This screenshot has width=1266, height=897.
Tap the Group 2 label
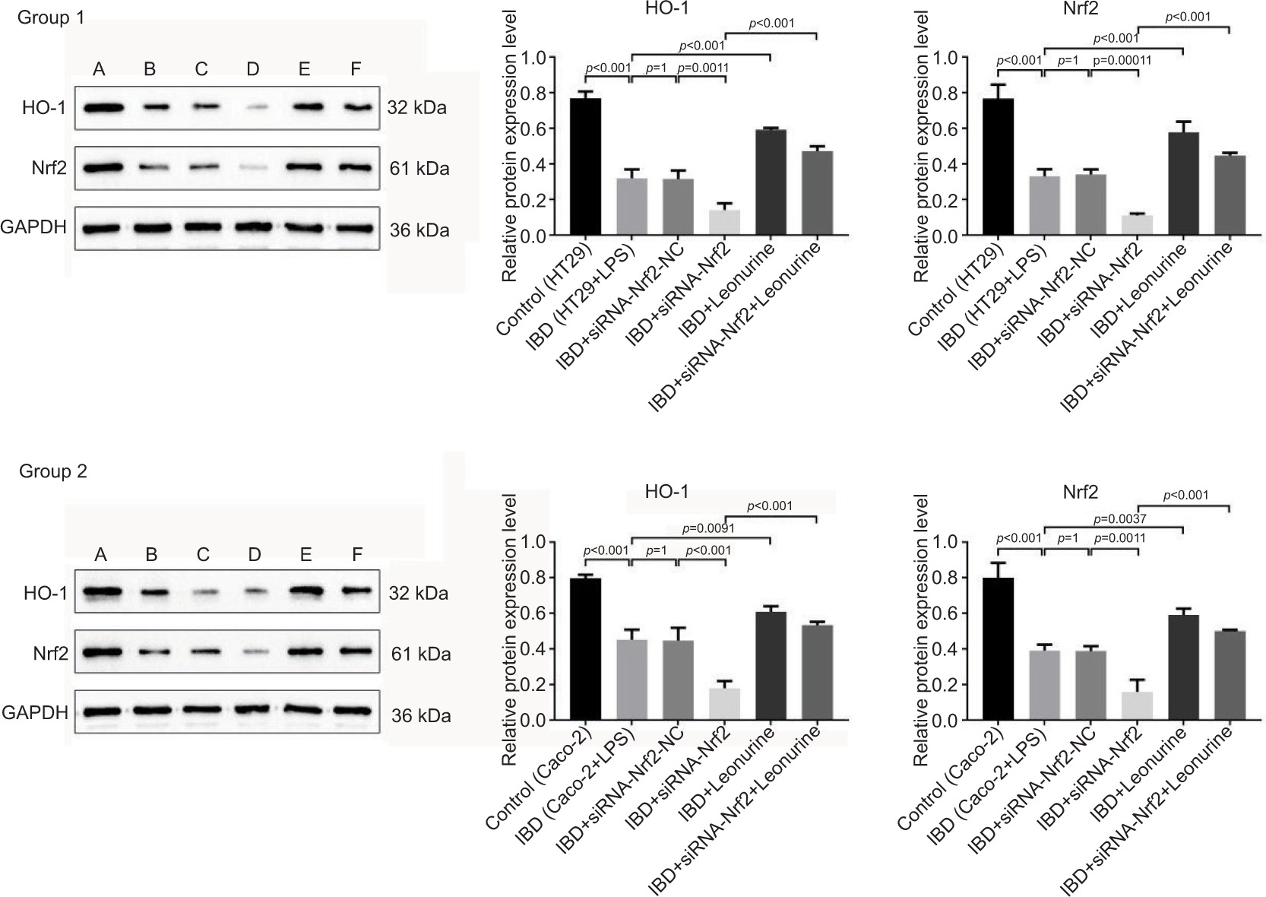(x=53, y=471)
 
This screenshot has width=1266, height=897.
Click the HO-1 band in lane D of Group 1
(x=253, y=109)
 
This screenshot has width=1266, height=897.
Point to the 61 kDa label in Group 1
(x=419, y=167)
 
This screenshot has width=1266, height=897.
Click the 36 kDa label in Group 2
(x=421, y=715)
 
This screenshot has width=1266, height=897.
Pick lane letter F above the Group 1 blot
(x=356, y=70)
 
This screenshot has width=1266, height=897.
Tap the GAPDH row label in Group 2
(x=35, y=712)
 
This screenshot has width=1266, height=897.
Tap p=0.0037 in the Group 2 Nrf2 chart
(x=1119, y=519)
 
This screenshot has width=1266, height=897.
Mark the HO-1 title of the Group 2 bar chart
(x=666, y=492)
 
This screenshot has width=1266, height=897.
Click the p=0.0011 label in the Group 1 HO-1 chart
(x=702, y=68)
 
